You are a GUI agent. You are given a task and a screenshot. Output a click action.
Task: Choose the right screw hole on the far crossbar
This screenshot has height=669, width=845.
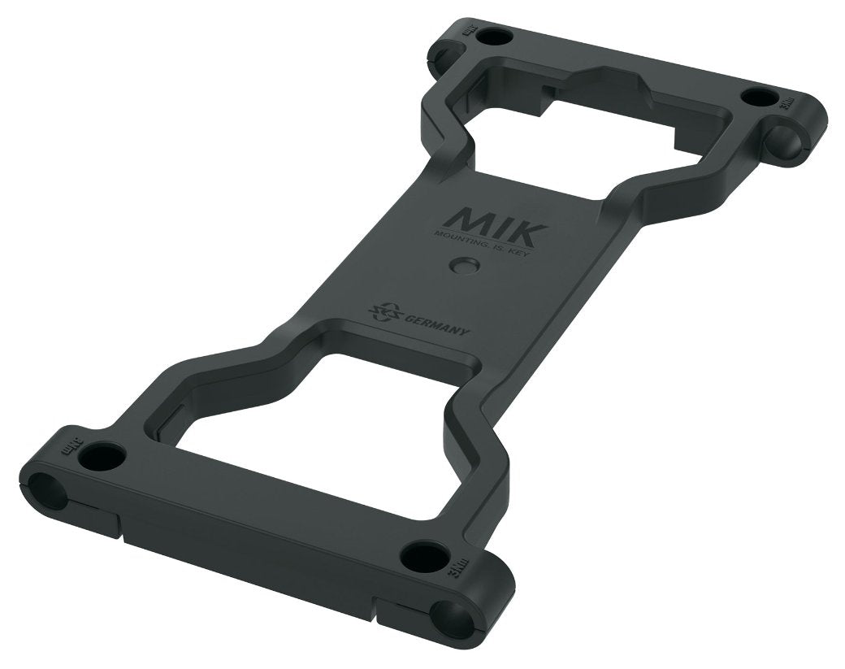tap(760, 97)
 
